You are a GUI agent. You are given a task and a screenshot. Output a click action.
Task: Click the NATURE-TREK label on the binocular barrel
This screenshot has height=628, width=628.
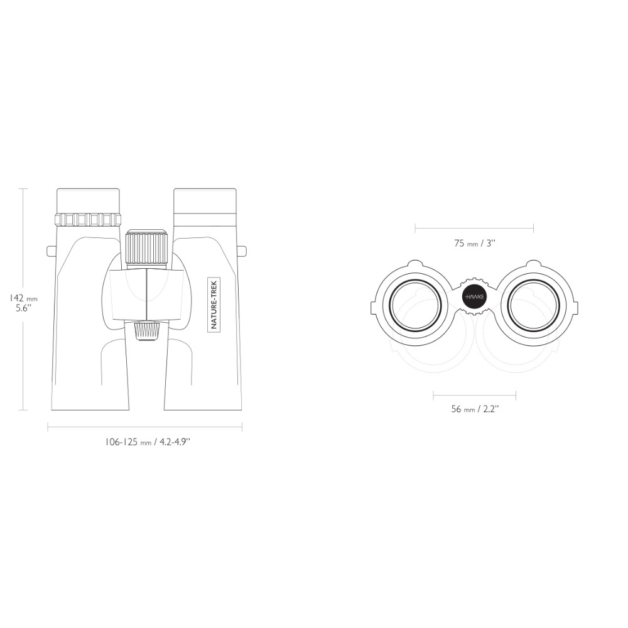pos(214,305)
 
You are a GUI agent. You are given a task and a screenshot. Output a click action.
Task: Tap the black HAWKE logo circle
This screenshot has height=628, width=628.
pos(474,297)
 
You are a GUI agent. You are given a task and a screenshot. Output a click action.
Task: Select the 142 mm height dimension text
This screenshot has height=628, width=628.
pos(24,298)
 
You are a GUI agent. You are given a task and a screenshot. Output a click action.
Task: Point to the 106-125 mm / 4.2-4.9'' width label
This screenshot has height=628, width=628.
pos(147,442)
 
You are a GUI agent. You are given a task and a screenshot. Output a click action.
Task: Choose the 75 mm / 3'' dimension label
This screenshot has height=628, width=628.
pos(475,243)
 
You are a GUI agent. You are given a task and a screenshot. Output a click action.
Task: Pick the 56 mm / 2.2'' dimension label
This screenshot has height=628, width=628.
pos(475,409)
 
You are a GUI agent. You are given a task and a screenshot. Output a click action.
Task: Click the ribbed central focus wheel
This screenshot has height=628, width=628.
pos(146,248)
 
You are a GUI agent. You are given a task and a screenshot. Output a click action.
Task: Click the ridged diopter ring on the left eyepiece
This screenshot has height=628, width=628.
pos(88,219)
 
